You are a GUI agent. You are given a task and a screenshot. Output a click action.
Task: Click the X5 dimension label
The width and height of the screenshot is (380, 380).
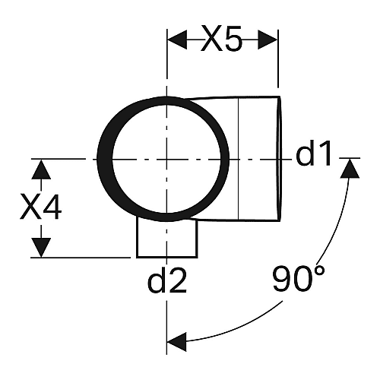coord(221,38)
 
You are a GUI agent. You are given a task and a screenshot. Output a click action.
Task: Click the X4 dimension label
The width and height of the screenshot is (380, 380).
coord(41,207)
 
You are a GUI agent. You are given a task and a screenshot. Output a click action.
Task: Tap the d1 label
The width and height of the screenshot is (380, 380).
coord(314,153)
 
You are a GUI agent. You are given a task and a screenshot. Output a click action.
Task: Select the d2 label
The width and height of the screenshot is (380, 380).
coord(167,280)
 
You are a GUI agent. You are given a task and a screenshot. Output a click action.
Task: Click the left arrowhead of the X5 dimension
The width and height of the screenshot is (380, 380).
coord(177,40)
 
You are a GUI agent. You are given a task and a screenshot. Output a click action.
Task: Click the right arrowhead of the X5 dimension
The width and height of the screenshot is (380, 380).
coord(268,40)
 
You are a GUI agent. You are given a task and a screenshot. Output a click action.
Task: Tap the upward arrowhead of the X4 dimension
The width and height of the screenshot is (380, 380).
coord(41,169)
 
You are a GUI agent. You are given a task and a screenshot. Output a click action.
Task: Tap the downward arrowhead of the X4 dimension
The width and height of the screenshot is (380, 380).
coord(41,248)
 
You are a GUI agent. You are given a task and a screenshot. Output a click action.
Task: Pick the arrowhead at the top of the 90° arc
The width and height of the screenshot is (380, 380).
coord(350,169)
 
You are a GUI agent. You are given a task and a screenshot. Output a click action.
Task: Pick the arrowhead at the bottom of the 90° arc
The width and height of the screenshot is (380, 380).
coord(177,342)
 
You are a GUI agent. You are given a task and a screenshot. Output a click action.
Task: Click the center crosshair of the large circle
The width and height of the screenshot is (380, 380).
coord(166,160)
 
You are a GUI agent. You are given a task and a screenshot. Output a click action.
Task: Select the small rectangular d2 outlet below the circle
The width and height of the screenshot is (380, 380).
coord(167,237)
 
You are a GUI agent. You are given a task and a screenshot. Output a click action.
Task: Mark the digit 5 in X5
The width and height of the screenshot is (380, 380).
coord(233,39)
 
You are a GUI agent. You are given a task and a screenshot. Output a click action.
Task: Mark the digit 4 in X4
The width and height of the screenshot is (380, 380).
coord(52,207)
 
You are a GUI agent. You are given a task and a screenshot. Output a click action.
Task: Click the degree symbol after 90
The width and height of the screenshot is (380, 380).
coord(320,271)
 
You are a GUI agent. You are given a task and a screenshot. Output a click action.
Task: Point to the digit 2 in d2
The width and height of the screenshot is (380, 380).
coord(178,280)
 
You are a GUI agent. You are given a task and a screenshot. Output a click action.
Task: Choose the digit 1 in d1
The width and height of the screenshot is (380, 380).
coord(325,154)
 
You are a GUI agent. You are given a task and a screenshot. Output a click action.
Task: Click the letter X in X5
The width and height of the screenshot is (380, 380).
coord(211,39)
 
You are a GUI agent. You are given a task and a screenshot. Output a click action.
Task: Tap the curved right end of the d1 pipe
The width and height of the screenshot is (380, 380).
coord(279,159)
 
